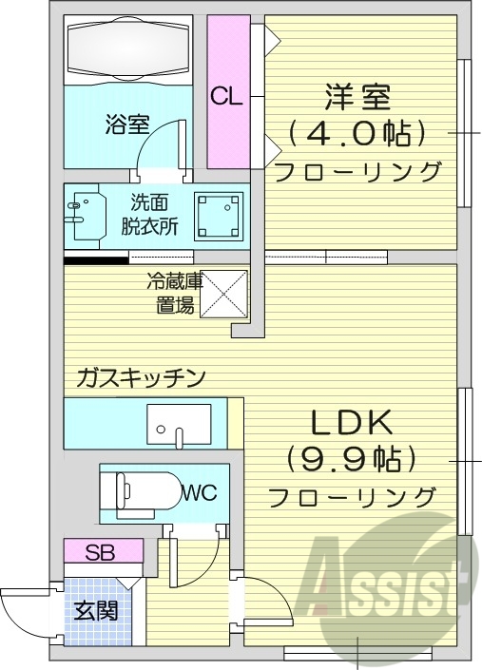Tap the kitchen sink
[x=179, y=424]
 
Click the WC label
[x=200, y=492]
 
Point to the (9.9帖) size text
[x=353, y=461]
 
